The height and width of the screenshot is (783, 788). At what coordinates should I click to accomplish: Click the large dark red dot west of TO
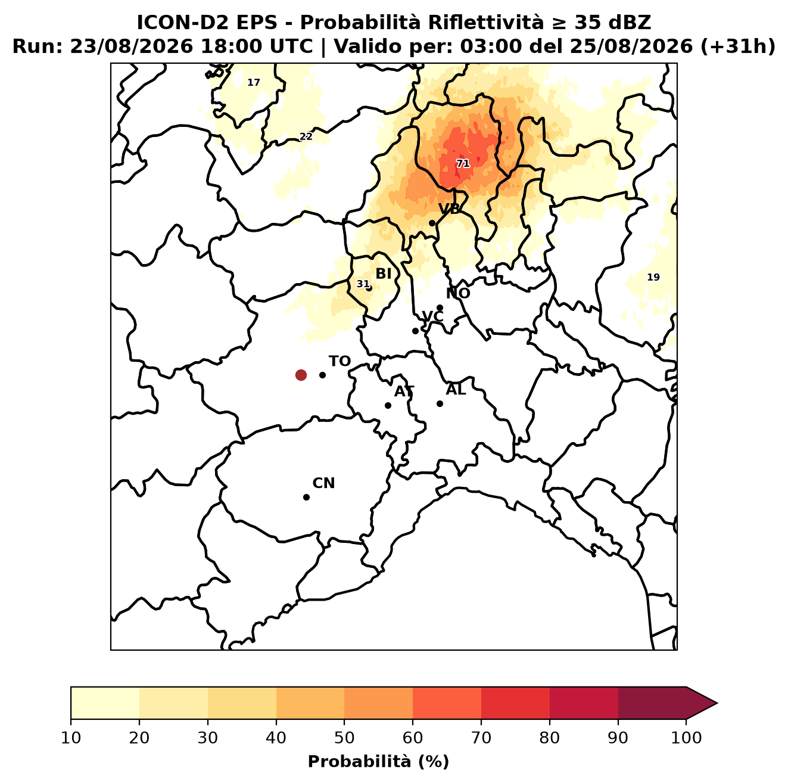(301, 374)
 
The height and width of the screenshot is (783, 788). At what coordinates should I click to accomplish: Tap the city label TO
(340, 361)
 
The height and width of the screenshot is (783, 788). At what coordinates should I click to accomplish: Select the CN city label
(323, 483)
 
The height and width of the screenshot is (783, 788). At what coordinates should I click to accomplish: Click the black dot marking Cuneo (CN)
(306, 497)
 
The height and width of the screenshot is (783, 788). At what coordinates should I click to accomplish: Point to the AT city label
(404, 392)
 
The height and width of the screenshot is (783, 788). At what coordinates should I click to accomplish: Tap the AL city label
(456, 389)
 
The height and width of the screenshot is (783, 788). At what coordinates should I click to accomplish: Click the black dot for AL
(440, 403)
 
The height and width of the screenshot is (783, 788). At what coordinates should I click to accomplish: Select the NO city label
(458, 293)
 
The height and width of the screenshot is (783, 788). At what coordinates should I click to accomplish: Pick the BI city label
(383, 274)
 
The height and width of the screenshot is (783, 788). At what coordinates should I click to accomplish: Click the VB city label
(449, 209)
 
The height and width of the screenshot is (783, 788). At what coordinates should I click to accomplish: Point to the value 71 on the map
(462, 164)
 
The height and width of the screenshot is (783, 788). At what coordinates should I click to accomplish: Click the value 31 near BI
(363, 284)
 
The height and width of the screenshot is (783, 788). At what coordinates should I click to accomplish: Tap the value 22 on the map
(306, 136)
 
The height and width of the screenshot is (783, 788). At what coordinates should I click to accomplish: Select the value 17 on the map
(254, 83)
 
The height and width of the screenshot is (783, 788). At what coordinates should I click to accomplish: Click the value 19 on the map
(653, 277)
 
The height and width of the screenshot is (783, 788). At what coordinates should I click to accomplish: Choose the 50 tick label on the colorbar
(344, 738)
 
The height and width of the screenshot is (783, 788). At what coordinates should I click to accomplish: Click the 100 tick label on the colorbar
(686, 738)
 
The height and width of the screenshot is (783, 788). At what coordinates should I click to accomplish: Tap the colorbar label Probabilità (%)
(378, 762)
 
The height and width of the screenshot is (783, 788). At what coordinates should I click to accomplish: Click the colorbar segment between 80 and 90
(584, 703)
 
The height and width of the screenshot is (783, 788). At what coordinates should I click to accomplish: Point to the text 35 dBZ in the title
(612, 23)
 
